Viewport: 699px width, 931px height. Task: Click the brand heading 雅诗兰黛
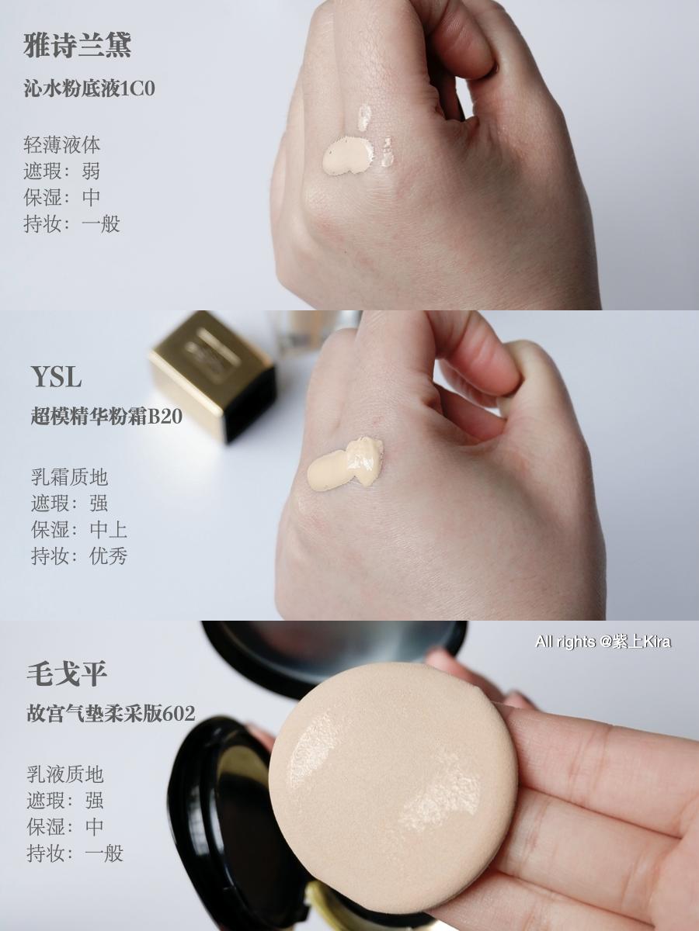(78, 45)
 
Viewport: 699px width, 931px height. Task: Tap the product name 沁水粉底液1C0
(90, 88)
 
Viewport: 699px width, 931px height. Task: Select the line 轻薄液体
(62, 145)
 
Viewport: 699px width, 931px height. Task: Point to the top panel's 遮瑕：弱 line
(62, 171)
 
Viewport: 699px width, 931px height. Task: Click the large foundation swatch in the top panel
(347, 154)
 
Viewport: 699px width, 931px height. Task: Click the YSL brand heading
(56, 378)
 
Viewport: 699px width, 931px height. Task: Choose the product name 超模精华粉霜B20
(106, 417)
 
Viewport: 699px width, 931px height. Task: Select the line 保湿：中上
(78, 530)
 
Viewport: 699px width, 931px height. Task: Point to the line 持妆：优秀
(78, 556)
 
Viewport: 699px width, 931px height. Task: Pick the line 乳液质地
(65, 774)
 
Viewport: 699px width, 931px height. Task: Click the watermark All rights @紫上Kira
(603, 642)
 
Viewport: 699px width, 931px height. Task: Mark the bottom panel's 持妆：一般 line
(75, 853)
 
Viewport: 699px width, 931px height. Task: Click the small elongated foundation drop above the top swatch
(363, 117)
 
